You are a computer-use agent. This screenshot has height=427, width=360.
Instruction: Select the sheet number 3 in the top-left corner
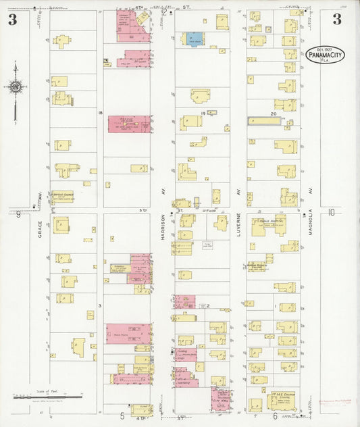click(13, 19)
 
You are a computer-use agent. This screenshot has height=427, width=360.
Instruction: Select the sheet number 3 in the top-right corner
click(336, 19)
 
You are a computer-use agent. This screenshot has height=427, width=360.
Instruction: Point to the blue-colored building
click(193, 39)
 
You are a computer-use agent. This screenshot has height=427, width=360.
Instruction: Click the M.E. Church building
click(283, 400)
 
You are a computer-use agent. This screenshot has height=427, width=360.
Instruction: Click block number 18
click(100, 112)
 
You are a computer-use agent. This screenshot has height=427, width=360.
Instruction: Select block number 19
click(202, 114)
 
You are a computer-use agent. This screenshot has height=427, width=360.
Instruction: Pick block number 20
click(274, 114)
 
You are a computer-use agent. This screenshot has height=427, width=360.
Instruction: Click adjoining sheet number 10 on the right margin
click(331, 212)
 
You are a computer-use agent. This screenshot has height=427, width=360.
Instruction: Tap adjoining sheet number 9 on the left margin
click(18, 214)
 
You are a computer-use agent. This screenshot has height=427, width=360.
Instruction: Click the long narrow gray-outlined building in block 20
click(264, 121)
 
